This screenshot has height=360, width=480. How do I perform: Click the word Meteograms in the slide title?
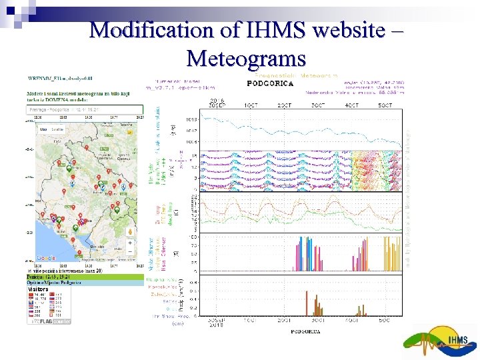pos(246,58)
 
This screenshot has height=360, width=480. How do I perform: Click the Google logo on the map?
pos(46,258)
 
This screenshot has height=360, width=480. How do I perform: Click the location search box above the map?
pos(84,109)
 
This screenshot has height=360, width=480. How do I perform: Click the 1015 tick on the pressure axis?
pos(192,121)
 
